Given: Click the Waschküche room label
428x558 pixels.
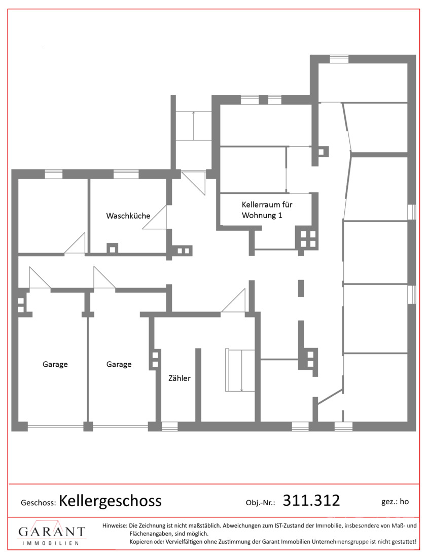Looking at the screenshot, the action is point(128,216).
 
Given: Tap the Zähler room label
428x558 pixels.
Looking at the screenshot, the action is point(180,378).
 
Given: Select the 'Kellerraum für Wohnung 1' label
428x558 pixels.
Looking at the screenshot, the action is point(267,210).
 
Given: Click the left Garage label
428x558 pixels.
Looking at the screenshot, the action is point(55,364).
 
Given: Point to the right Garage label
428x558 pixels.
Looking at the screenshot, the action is point(119,364).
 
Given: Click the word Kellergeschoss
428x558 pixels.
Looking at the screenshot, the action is point(110,501).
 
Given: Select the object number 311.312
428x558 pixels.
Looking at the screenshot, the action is point(311,500).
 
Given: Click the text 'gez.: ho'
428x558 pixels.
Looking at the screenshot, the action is point(395,502).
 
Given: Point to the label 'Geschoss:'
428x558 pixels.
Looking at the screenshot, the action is point(39,503).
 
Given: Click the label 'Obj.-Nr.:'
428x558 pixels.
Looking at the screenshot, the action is point(261,503).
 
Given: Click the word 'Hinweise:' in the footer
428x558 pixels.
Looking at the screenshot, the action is point(115,525).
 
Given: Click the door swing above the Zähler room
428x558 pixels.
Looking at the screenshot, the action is point(234,300).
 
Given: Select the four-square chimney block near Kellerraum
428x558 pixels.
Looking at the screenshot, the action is point(307,239).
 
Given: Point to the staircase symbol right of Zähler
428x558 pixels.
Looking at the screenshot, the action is point(240,370).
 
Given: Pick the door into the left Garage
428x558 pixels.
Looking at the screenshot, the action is point(40,277).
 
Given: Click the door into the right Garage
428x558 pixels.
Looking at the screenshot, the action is point(104,277).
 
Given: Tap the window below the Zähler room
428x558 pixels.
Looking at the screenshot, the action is point(170,426).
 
